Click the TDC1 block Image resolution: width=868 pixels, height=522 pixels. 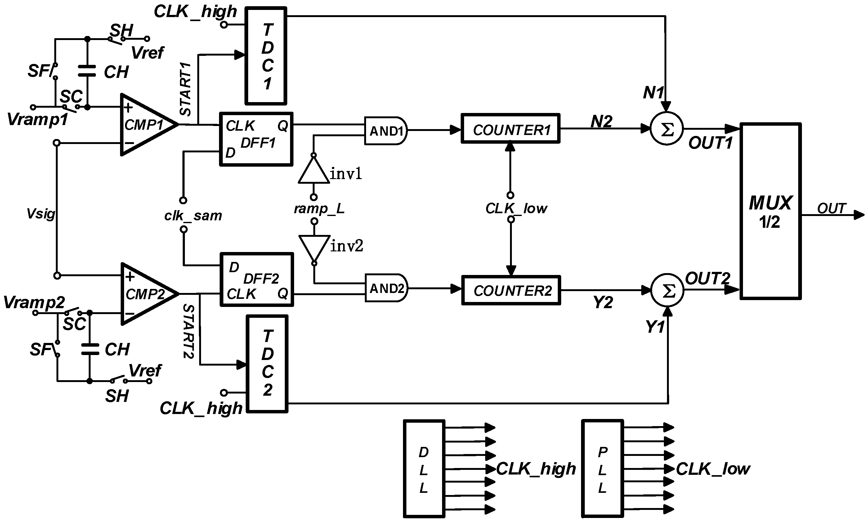point(266,56)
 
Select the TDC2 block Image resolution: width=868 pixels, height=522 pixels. point(267,364)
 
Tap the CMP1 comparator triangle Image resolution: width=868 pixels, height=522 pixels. point(146,124)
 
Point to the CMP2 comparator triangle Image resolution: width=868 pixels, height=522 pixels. point(147,294)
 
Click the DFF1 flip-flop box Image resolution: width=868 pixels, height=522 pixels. point(256,139)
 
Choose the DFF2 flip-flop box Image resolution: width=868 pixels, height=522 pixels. point(257,280)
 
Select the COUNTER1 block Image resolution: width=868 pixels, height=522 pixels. point(510,129)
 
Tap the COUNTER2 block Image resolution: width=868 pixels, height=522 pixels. point(511,290)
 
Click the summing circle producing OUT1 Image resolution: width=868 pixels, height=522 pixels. point(667,129)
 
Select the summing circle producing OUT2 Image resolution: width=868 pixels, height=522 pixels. point(667,290)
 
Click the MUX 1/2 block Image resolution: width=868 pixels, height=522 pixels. point(770,211)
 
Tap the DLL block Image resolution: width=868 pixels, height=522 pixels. point(424,469)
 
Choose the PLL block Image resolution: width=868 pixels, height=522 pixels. point(602,469)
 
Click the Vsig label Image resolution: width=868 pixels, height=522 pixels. point(41,214)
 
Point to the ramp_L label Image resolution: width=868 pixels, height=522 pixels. point(319,209)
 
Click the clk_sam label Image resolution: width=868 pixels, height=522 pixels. point(193,215)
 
